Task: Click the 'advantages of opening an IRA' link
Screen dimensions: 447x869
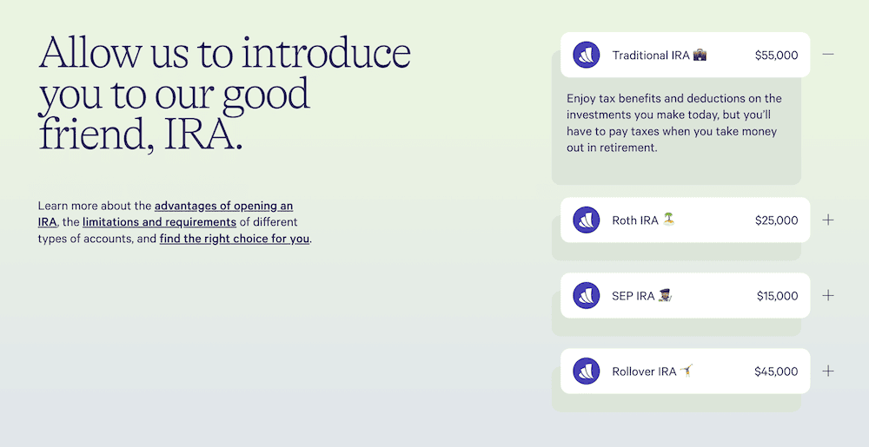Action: pyautogui.click(x=223, y=207)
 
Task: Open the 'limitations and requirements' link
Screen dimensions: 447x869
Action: pyautogui.click(x=159, y=222)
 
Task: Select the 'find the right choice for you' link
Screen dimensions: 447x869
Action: pyautogui.click(x=235, y=239)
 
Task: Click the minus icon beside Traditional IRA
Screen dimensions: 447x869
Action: pyautogui.click(x=828, y=55)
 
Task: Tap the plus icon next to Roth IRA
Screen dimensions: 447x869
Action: pyautogui.click(x=828, y=220)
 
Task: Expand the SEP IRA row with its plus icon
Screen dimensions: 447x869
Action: pyautogui.click(x=828, y=295)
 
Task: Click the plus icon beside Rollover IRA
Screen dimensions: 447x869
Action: pyautogui.click(x=828, y=371)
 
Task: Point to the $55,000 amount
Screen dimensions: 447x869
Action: pyautogui.click(x=776, y=56)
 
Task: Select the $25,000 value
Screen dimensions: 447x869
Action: pyautogui.click(x=776, y=220)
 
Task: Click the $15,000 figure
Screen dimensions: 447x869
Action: pyautogui.click(x=777, y=296)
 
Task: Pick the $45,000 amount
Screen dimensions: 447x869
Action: pyautogui.click(x=776, y=371)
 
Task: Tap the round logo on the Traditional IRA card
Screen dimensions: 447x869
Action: pyautogui.click(x=587, y=56)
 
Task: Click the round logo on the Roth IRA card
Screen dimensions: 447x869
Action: pyautogui.click(x=587, y=220)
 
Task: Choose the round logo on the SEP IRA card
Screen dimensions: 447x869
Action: pyautogui.click(x=587, y=296)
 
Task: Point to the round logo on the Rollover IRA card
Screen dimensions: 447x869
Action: pyautogui.click(x=587, y=371)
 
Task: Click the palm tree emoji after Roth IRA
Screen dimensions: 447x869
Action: pyautogui.click(x=668, y=220)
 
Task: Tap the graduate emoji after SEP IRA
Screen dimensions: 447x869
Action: pyautogui.click(x=665, y=295)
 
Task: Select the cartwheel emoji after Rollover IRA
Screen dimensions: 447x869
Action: pyautogui.click(x=687, y=371)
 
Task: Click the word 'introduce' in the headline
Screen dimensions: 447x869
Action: pyautogui.click(x=326, y=54)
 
